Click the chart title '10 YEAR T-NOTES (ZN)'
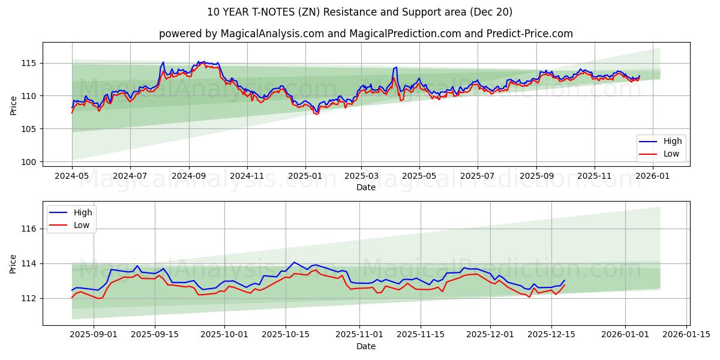click(x=359, y=12)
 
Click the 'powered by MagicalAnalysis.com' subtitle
click(x=365, y=34)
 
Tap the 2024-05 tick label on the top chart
click(x=72, y=176)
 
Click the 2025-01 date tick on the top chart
click(x=305, y=176)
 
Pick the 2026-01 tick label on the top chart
click(x=652, y=176)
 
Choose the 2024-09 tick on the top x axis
click(x=188, y=176)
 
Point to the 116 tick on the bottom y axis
click(x=29, y=229)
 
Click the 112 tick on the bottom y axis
click(x=29, y=298)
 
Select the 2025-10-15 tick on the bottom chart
click(x=285, y=335)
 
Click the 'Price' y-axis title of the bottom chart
click(x=14, y=263)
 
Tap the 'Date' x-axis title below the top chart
click(x=365, y=187)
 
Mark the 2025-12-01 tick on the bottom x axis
click(x=490, y=335)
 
